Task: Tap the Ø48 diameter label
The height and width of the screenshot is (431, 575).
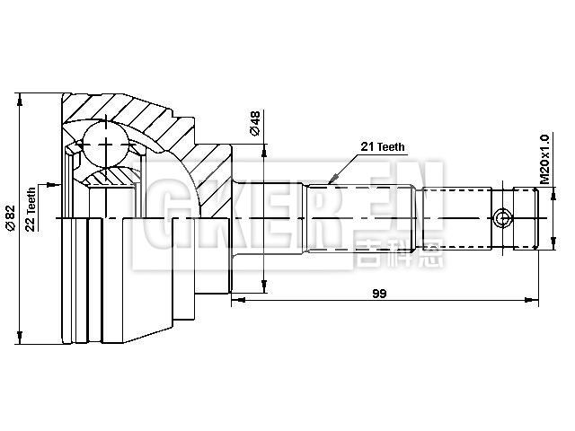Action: (255, 123)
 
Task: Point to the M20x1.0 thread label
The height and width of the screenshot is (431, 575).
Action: (544, 160)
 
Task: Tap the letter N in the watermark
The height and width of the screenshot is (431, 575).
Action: (418, 202)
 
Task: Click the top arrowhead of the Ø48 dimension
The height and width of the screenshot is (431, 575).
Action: (264, 147)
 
